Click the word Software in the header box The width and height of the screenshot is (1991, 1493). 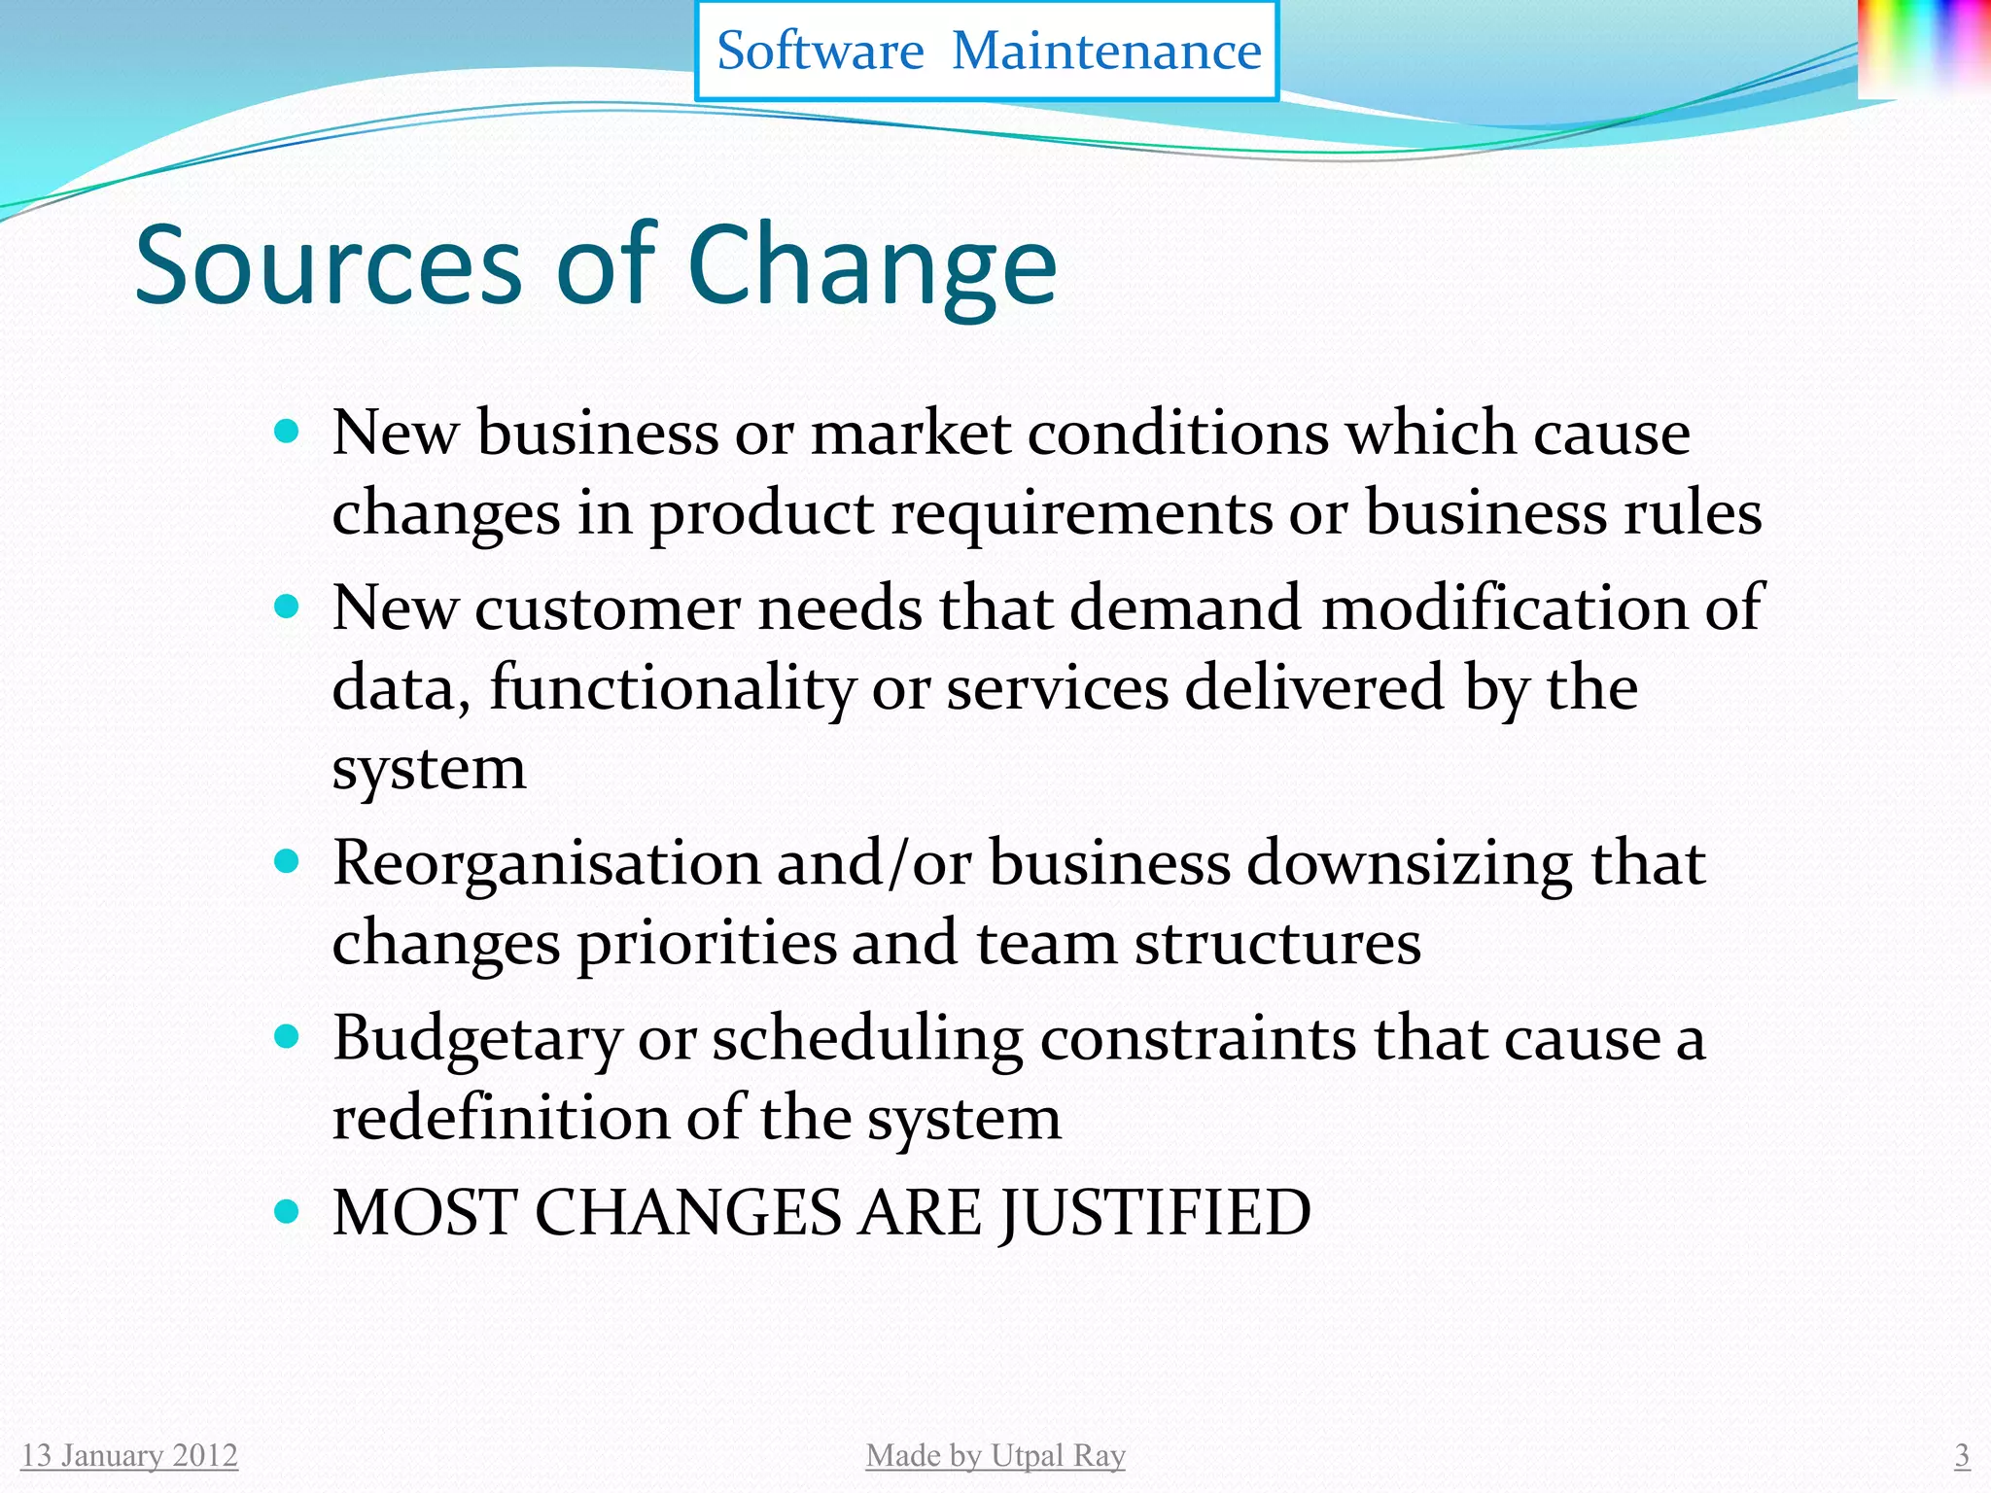pos(820,51)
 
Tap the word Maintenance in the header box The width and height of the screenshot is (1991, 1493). pos(1106,51)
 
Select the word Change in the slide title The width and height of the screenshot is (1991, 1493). pos(872,264)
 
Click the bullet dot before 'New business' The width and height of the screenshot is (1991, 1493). pos(286,431)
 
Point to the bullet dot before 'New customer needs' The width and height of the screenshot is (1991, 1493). pos(286,608)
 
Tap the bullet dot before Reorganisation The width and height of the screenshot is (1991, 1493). pos(286,861)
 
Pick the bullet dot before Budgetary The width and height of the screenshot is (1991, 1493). pos(286,1037)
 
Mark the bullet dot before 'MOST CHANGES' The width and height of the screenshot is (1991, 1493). pos(286,1212)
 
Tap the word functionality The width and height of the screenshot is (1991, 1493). pos(672,688)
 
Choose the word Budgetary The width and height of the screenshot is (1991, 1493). pos(476,1040)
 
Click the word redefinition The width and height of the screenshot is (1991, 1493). pos(501,1118)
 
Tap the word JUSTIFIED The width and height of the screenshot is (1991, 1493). pos(1156,1214)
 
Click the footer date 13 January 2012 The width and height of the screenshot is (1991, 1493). pos(129,1455)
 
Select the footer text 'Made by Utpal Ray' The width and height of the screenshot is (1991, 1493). pos(995,1455)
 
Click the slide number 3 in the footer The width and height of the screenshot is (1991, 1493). pos(1962,1455)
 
